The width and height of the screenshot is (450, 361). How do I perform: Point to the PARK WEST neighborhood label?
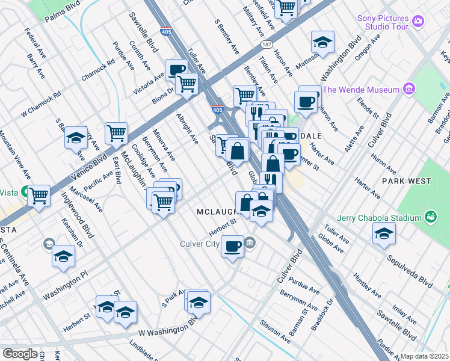tap(406, 181)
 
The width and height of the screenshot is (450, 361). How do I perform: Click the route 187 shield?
tap(266, 45)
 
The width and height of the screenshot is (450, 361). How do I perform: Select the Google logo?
tap(20, 354)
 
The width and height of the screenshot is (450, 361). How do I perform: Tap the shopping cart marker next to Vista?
tap(39, 194)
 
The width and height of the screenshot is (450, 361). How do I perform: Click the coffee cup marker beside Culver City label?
tap(232, 245)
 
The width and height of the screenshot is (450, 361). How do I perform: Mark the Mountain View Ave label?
tap(15, 155)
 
